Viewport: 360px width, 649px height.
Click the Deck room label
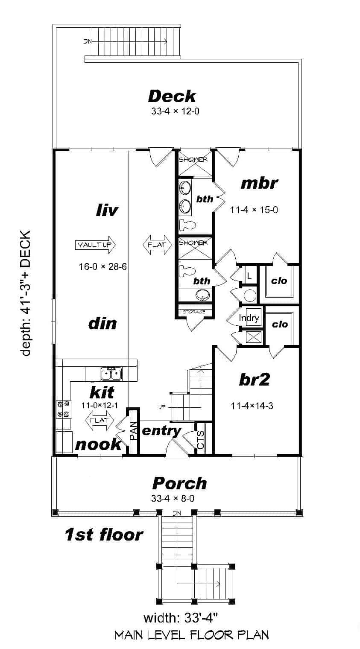point(172,96)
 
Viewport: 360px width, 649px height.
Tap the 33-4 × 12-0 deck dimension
point(175,112)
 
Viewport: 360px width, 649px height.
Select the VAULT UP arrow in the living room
point(96,245)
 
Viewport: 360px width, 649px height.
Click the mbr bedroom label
point(259,183)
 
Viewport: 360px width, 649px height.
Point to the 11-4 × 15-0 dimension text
point(254,210)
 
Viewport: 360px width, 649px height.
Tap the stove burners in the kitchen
point(62,409)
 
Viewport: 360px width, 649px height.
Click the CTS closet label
point(201,440)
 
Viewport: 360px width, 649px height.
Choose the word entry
point(161,431)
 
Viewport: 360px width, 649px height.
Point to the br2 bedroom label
point(254,380)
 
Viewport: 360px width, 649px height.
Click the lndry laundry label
point(249,318)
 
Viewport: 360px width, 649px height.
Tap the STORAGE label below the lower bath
point(194,312)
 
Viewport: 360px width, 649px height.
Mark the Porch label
point(179,483)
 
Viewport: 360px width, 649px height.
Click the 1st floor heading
point(104,534)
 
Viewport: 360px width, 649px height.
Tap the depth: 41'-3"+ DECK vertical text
point(26,293)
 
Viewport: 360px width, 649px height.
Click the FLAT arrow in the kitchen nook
point(100,420)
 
